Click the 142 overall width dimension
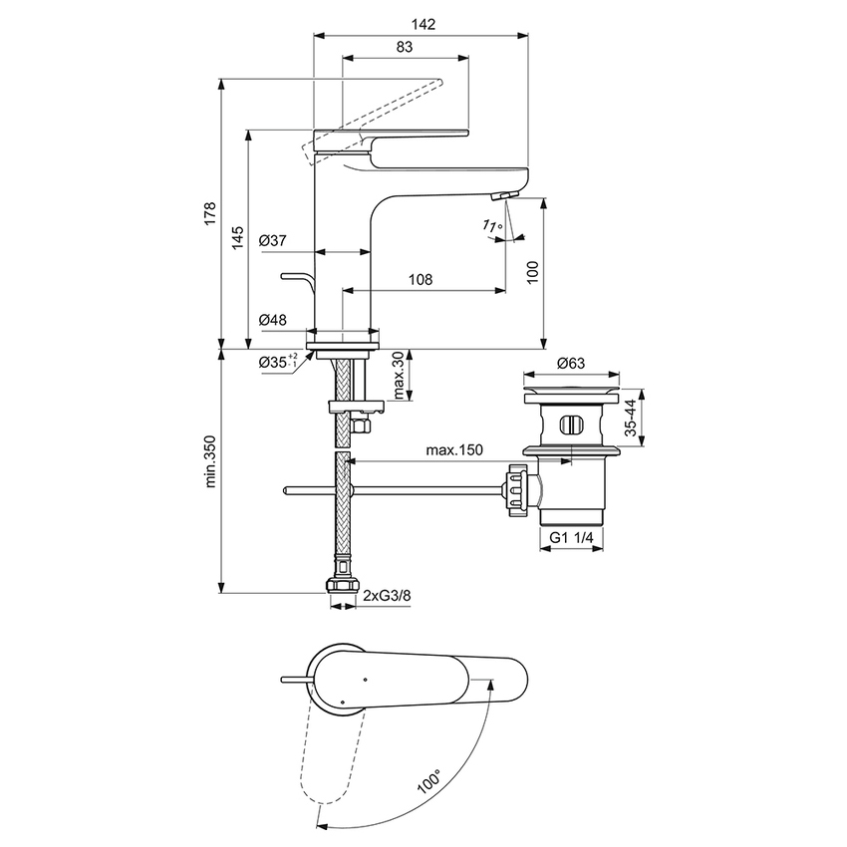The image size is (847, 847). pyautogui.click(x=421, y=23)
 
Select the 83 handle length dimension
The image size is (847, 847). pyautogui.click(x=406, y=46)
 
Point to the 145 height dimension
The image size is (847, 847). pyautogui.click(x=237, y=237)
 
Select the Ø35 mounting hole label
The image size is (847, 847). pyautogui.click(x=277, y=362)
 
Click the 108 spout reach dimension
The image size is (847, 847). pyautogui.click(x=421, y=280)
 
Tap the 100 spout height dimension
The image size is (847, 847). pyautogui.click(x=532, y=271)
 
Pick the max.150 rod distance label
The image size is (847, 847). pyautogui.click(x=454, y=450)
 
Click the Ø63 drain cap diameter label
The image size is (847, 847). pyautogui.click(x=570, y=362)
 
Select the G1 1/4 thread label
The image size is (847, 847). pyautogui.click(x=572, y=538)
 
